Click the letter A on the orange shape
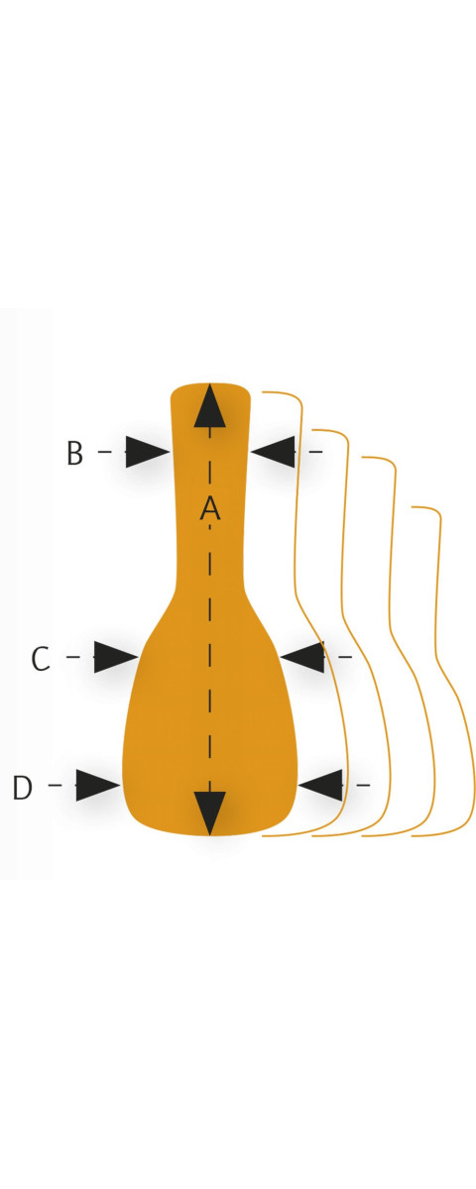[210, 508]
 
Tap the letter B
[75, 453]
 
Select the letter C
[41, 659]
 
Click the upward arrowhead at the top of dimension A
[210, 405]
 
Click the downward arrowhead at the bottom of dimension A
[210, 813]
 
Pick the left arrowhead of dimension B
[147, 452]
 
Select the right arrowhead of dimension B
[273, 452]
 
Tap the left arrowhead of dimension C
[116, 657]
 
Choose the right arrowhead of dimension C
[301, 657]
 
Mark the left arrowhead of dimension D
[98, 785]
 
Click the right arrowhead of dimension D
[320, 785]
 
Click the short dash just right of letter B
[105, 452]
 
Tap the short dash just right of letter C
[72, 657]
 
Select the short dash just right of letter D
[56, 785]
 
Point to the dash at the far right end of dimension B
[316, 452]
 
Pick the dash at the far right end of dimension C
[345, 657]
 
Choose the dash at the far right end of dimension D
[363, 785]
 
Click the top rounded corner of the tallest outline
[297, 398]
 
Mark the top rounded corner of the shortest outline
[435, 511]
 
